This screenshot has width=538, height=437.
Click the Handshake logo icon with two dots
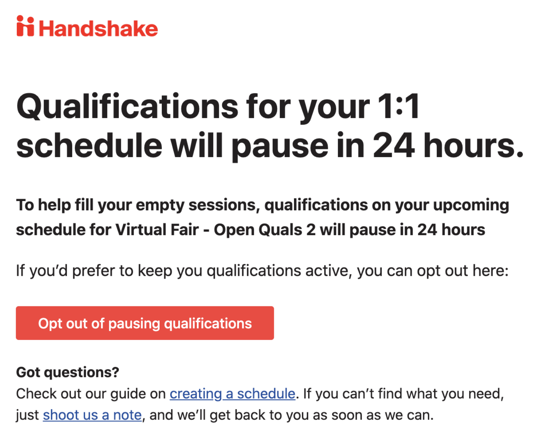point(25,26)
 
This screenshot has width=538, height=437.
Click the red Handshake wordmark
point(99,28)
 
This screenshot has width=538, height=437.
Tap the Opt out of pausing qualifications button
point(145,323)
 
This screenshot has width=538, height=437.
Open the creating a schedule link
point(233,393)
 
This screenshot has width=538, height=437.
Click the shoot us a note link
point(92,415)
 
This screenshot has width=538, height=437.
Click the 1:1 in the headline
point(398,106)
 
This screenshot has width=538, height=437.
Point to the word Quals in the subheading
point(281,230)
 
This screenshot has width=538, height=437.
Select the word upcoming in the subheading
point(471,205)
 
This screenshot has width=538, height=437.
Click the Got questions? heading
point(67,372)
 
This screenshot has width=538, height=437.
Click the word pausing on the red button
point(134,324)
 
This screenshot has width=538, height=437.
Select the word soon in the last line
point(347,415)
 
